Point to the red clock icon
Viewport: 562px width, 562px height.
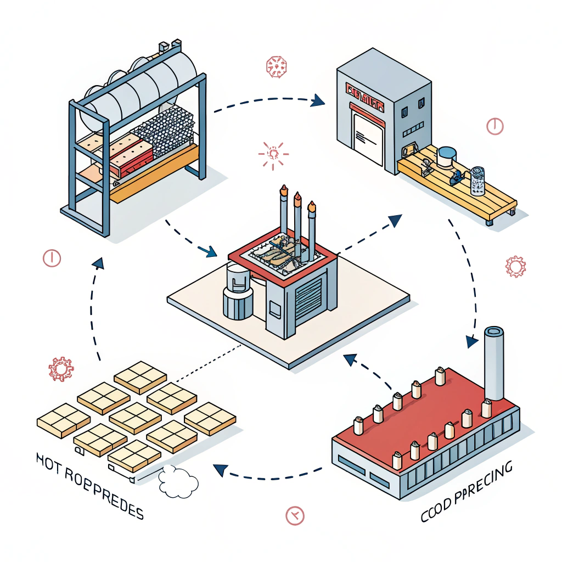(295, 515)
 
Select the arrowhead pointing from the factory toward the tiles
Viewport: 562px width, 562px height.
(220, 470)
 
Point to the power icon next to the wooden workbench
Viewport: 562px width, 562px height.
(494, 126)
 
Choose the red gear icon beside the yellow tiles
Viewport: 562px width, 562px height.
(60, 369)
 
